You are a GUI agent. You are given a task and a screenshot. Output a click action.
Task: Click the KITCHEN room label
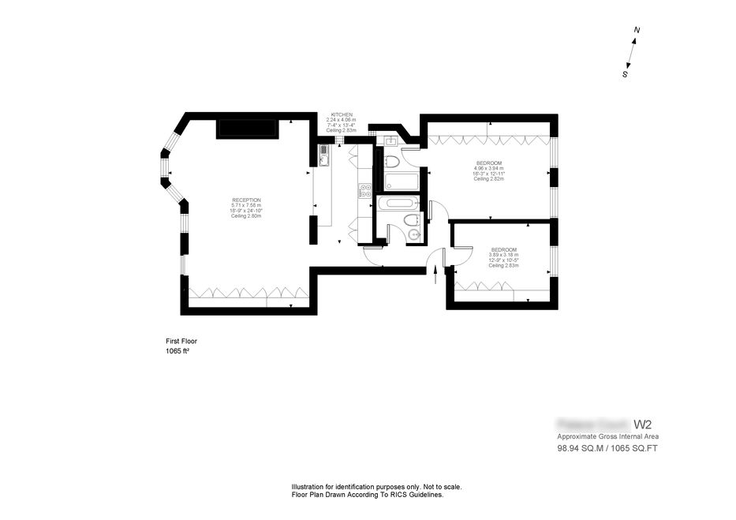(342, 114)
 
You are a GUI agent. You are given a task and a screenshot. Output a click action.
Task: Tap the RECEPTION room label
(246, 200)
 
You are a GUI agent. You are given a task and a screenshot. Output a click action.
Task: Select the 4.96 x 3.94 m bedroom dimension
(488, 168)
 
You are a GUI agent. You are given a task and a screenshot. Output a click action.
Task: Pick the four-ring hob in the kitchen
(364, 189)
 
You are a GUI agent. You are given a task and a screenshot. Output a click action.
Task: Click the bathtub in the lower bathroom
(402, 203)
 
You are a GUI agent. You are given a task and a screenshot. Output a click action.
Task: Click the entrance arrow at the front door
(435, 271)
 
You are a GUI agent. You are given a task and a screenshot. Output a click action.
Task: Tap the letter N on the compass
(637, 31)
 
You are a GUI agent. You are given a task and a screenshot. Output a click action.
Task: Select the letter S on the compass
(625, 75)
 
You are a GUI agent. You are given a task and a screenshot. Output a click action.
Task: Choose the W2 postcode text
(643, 425)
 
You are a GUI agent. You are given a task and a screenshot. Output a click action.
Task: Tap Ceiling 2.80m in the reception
(246, 216)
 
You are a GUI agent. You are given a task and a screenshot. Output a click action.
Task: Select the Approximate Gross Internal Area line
(607, 436)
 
